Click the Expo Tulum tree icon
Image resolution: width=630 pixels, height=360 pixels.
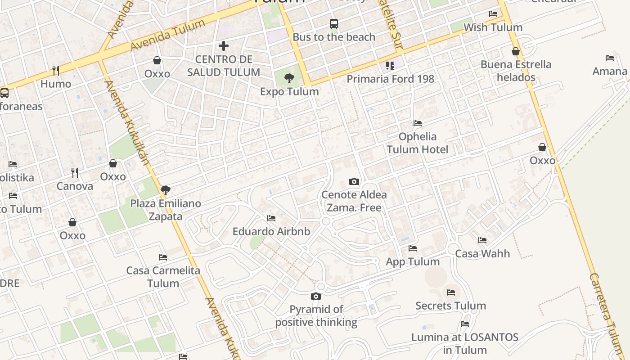click(289, 79)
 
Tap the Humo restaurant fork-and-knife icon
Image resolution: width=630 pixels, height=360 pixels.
click(56, 70)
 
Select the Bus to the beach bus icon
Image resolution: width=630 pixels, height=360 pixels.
click(333, 24)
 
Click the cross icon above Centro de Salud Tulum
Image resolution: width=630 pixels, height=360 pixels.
click(224, 46)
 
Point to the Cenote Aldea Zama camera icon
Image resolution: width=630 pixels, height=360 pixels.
click(354, 182)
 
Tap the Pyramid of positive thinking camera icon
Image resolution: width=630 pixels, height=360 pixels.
click(316, 296)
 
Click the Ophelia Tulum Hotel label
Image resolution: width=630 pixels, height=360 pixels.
click(418, 143)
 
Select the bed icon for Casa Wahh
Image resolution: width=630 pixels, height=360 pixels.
click(482, 240)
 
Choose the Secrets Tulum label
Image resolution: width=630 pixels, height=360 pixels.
click(450, 306)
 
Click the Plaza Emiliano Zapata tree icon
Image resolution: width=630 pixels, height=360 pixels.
click(166, 190)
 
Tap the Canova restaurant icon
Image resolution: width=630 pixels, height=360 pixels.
click(75, 173)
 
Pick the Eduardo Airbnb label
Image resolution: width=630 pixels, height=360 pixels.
click(271, 232)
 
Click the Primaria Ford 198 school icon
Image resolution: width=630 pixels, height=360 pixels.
click(390, 66)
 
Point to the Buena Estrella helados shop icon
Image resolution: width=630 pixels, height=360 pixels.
click(516, 51)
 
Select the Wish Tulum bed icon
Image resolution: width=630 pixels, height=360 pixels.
click(493, 14)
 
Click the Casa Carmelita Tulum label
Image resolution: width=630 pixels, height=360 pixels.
click(163, 277)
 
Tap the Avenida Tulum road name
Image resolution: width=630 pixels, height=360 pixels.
click(168, 35)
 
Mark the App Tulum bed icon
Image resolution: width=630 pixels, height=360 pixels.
click(413, 248)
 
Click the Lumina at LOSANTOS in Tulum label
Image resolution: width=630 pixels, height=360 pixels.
click(465, 343)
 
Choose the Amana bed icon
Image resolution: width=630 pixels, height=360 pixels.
click(610, 58)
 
